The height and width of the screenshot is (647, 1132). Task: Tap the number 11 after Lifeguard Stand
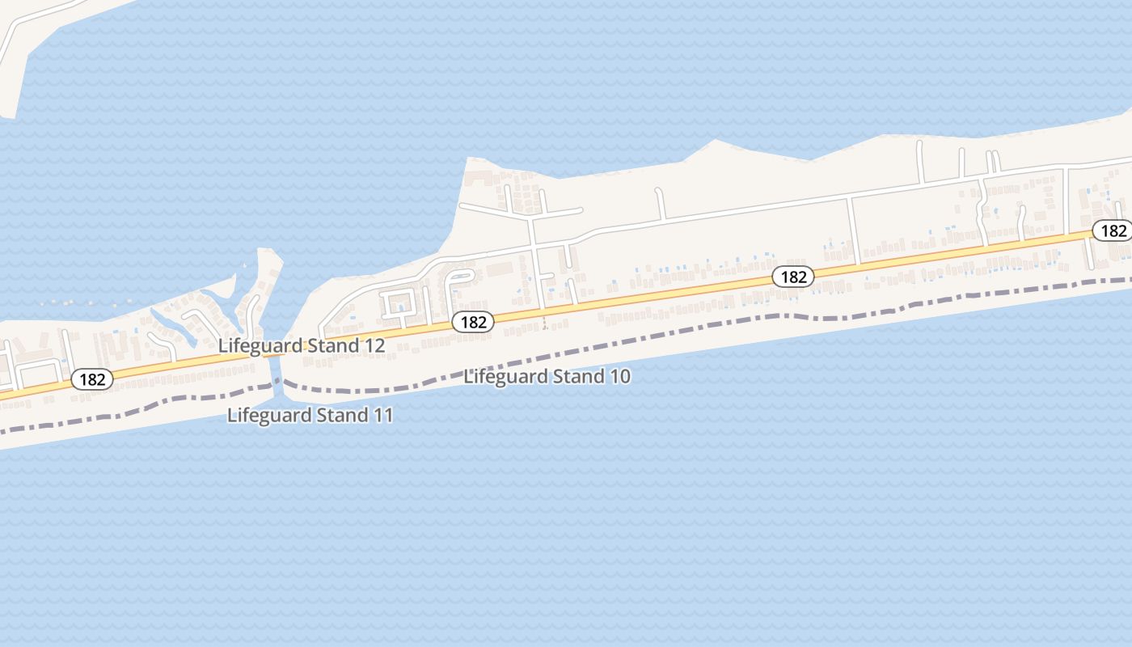(x=382, y=416)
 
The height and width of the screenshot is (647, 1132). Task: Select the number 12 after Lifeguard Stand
(x=374, y=346)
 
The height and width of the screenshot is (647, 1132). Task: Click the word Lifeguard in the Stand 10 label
(x=504, y=377)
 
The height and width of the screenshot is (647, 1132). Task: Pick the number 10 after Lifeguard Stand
(x=619, y=377)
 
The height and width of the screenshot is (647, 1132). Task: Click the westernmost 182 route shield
(x=91, y=379)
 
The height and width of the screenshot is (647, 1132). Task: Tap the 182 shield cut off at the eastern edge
(x=1113, y=230)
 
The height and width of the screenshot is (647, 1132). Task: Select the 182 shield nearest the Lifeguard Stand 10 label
(x=472, y=322)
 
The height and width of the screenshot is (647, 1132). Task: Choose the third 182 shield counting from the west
(x=792, y=277)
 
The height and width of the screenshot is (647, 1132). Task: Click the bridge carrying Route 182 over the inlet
(x=276, y=353)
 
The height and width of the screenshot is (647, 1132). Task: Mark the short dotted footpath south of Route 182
(x=544, y=321)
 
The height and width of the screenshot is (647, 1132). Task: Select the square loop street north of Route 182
(x=397, y=303)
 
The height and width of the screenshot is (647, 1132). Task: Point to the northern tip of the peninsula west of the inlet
(x=264, y=251)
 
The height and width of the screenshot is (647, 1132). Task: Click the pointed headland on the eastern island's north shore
(x=713, y=142)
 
